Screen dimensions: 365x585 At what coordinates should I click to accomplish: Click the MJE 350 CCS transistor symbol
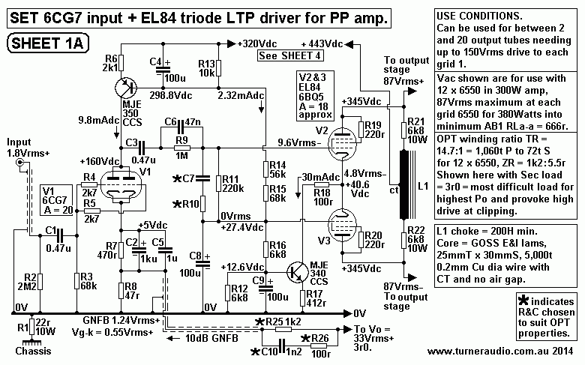coord(123,87)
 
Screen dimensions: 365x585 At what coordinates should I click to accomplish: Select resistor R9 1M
coord(180,148)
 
